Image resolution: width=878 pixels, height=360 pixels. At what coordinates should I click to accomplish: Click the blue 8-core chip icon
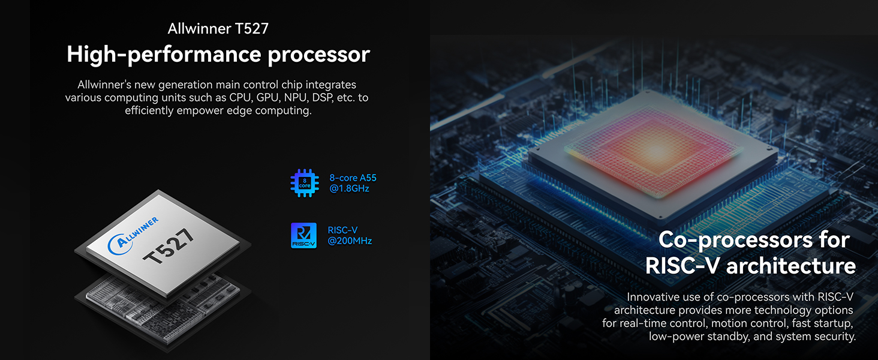coord(305,183)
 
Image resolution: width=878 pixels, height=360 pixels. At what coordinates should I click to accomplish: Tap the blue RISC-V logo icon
coord(304,235)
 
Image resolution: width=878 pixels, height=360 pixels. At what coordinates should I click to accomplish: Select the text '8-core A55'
coord(353,178)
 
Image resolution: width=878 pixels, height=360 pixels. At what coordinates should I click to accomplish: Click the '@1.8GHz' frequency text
coord(349,188)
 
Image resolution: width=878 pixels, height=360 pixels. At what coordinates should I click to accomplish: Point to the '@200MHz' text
coord(350,241)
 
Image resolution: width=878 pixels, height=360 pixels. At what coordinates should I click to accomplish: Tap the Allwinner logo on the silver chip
coord(133,235)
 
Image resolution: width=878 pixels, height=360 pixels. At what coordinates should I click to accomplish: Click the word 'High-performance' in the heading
coord(164,54)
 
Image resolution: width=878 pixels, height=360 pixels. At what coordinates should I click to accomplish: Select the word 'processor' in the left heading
coord(318,55)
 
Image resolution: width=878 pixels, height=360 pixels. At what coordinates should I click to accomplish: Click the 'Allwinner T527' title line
coord(218,28)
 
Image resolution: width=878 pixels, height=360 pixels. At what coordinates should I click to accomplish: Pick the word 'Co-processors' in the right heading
coord(735,239)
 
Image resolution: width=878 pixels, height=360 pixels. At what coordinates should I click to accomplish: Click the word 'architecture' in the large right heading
coord(791,266)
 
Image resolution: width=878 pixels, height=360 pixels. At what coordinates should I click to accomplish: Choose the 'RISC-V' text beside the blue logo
coord(342,230)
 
